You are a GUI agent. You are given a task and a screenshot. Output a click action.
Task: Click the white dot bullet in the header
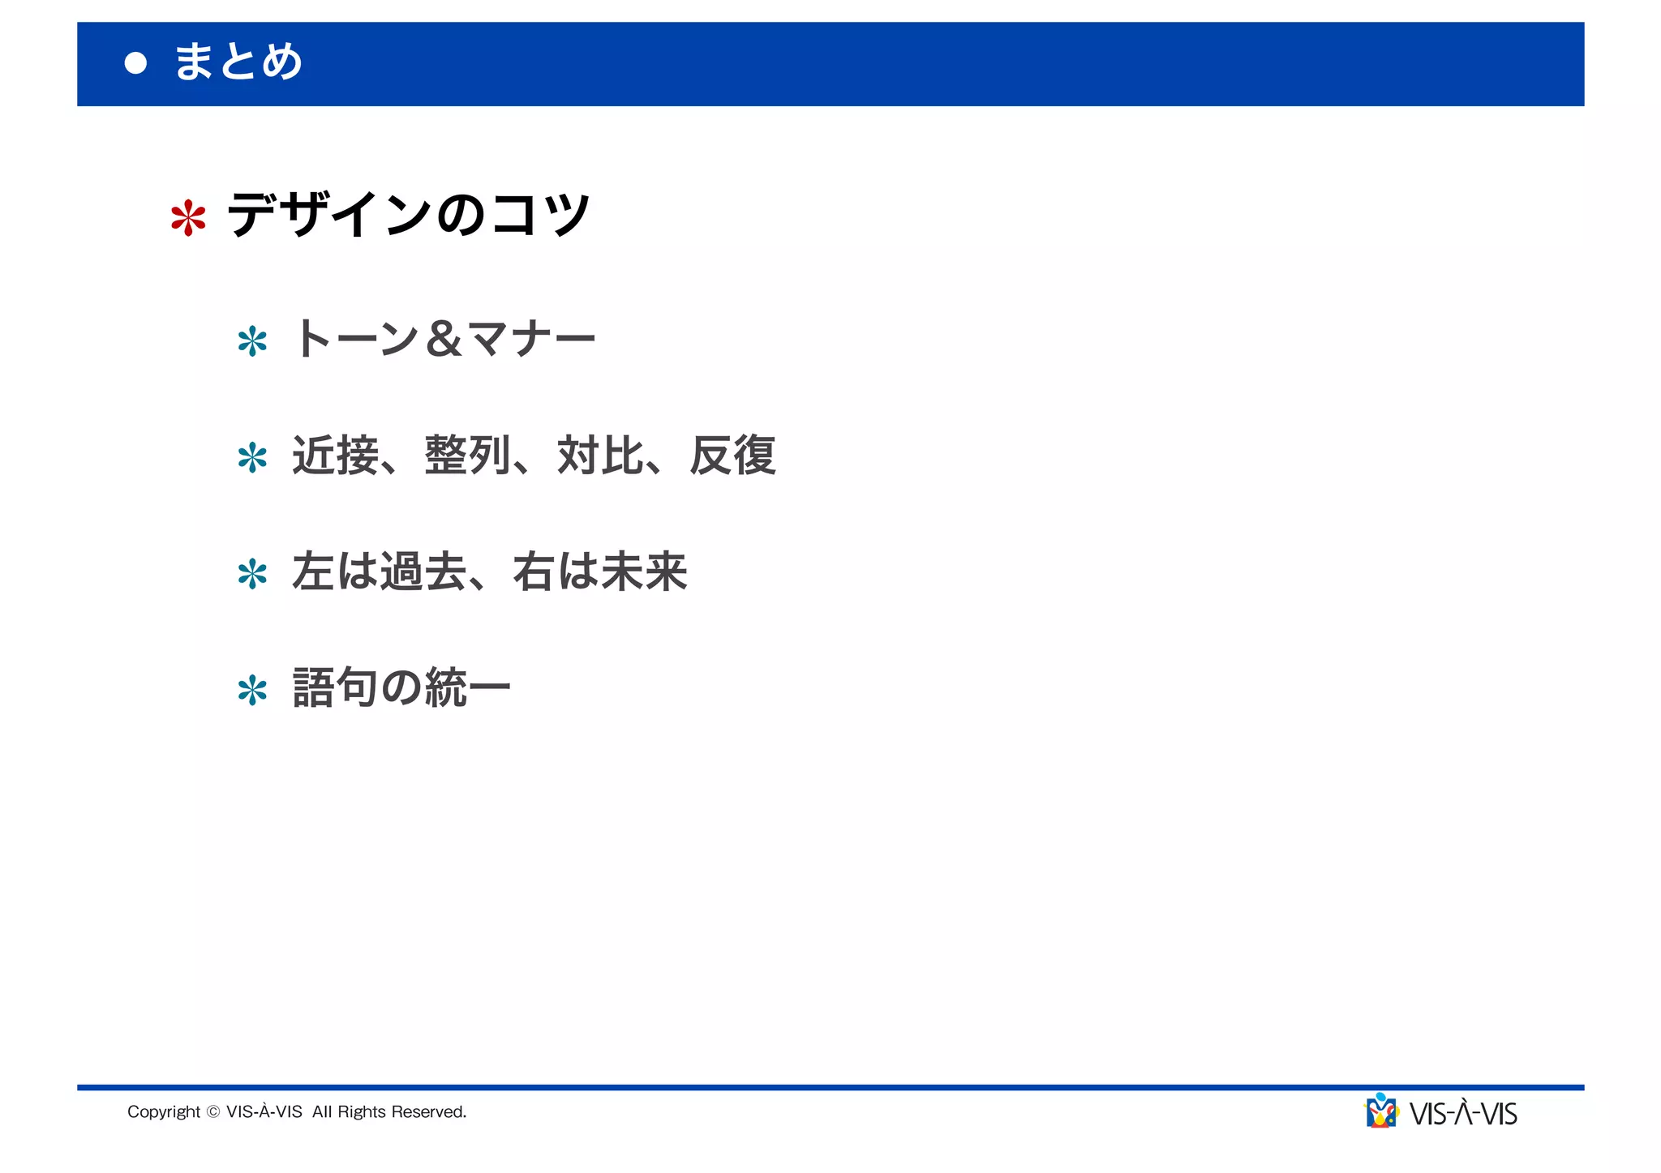[x=136, y=63]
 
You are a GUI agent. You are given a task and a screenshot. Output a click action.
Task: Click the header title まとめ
[x=238, y=62]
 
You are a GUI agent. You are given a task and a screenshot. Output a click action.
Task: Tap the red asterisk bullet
[x=188, y=218]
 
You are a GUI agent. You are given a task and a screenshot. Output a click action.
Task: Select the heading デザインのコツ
[x=409, y=215]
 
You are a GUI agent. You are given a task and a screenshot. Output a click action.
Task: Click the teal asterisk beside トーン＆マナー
[x=252, y=341]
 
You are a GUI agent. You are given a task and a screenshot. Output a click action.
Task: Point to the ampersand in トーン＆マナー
[x=444, y=339]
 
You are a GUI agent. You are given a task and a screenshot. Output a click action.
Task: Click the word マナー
[x=531, y=339]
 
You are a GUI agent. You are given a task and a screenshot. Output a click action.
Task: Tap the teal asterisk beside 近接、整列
[x=252, y=458]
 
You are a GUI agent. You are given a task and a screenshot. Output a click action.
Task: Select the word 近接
[x=335, y=456]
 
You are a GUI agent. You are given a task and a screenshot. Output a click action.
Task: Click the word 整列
[x=468, y=456]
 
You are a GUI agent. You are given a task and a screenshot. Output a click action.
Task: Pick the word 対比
[x=600, y=456]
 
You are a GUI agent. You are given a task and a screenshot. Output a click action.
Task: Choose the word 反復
[x=733, y=456]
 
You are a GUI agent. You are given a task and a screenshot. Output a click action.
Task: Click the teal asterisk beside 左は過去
[x=252, y=575]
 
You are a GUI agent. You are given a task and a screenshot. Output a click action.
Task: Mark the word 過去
[x=423, y=572]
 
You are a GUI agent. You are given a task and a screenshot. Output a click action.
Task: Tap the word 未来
[x=645, y=572]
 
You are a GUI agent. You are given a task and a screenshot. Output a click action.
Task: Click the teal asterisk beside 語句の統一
[x=252, y=691]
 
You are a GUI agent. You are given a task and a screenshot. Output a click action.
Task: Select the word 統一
[x=468, y=688]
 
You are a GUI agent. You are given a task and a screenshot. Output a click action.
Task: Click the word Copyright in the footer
[x=163, y=1112]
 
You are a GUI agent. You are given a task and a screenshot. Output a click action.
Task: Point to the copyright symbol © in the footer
[x=213, y=1112]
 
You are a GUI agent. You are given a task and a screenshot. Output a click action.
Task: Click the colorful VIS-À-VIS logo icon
[x=1382, y=1111]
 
